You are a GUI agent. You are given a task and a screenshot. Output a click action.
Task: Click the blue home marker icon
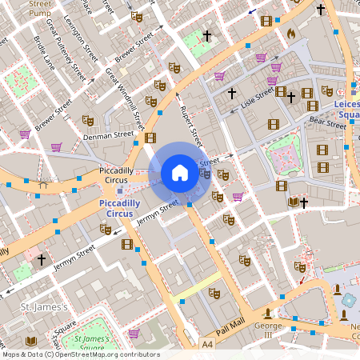pyautogui.click(x=180, y=172)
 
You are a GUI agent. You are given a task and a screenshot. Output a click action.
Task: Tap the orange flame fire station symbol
pyautogui.click(x=291, y=34)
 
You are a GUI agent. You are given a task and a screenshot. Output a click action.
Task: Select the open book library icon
pyautogui.click(x=293, y=202)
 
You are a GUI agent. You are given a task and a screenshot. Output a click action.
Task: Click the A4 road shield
pyautogui.click(x=208, y=343)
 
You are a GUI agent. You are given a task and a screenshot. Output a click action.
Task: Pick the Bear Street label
pyautogui.click(x=327, y=124)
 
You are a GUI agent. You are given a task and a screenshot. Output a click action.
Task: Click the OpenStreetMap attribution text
pyautogui.click(x=80, y=354)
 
